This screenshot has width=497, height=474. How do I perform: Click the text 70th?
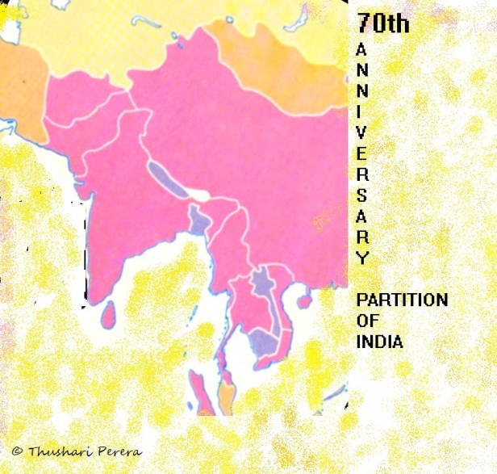point(383,23)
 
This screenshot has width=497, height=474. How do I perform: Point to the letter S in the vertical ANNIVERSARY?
point(362,195)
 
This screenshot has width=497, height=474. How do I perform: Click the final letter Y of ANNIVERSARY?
point(362,258)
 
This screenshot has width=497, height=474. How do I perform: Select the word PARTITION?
point(402,300)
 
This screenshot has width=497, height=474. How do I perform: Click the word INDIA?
point(379,341)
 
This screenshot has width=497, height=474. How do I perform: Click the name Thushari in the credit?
point(55,451)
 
